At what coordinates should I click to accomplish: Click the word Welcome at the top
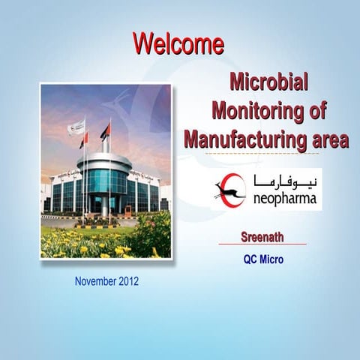click(x=178, y=43)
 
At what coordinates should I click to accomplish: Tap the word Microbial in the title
click(x=269, y=82)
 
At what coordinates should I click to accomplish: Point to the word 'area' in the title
click(x=323, y=139)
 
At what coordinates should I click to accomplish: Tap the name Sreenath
click(x=262, y=237)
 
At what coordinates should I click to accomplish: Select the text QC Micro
click(x=263, y=261)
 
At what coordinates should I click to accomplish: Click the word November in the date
click(x=94, y=281)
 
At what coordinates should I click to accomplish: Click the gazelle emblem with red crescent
click(x=230, y=190)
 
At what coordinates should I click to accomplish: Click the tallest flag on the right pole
click(x=106, y=131)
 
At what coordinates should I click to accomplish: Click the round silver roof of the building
click(x=104, y=160)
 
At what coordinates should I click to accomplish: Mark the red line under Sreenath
click(x=262, y=244)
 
